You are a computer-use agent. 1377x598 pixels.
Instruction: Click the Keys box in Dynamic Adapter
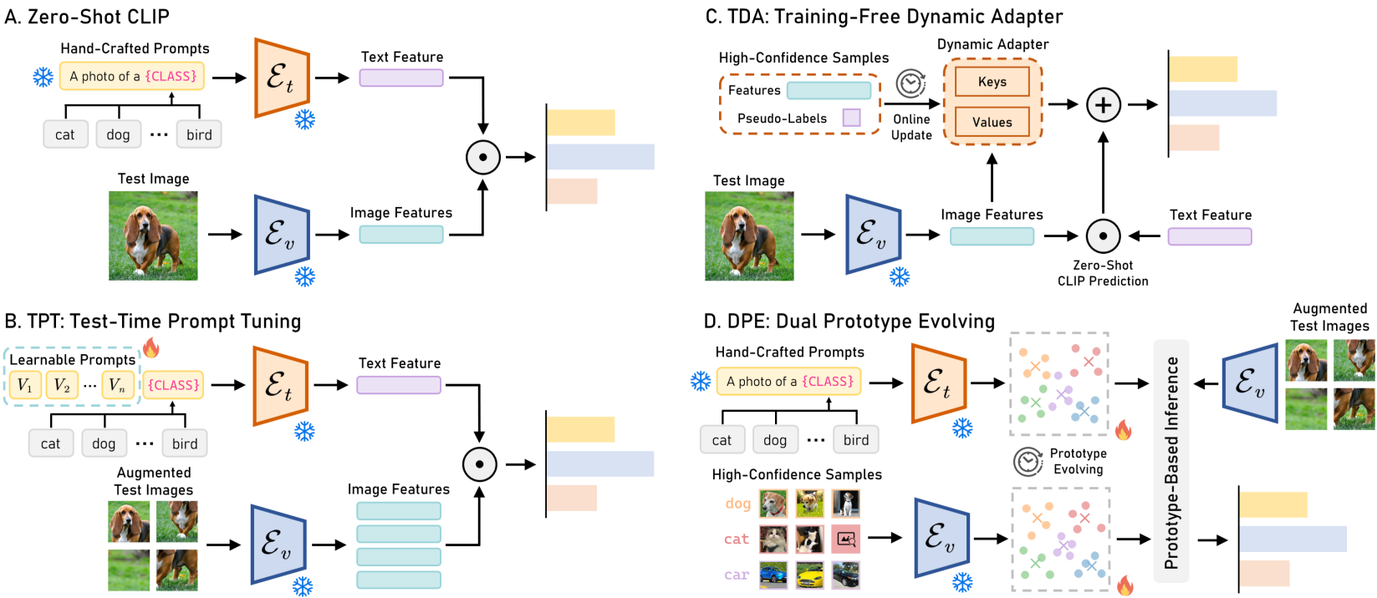[992, 82]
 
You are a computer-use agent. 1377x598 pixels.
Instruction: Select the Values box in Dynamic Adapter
[992, 122]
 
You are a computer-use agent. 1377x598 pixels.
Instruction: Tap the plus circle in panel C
[1103, 105]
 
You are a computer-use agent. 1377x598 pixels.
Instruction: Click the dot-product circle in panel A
[482, 157]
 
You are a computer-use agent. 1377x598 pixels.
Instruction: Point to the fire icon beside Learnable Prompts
[151, 347]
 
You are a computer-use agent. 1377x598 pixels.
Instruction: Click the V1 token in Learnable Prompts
[24, 385]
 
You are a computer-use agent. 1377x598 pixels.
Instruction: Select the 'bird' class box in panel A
[199, 134]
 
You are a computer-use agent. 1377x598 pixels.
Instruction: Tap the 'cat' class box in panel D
[722, 440]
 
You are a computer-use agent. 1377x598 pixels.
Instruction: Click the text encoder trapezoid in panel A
[283, 78]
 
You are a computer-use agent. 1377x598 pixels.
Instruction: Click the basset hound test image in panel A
[153, 236]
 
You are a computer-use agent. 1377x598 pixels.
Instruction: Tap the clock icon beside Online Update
[910, 84]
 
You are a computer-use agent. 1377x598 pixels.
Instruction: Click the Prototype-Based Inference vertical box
[1170, 461]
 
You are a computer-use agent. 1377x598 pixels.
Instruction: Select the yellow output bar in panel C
[1203, 69]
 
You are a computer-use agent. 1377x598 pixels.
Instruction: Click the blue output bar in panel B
[600, 464]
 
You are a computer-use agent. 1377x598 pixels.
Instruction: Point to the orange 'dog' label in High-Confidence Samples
[737, 504]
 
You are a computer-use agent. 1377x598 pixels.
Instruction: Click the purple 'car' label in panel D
[737, 575]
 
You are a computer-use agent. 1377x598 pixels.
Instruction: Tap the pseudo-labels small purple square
[851, 118]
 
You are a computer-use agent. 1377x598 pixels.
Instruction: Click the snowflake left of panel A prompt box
[43, 77]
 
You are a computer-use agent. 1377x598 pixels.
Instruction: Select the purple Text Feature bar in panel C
[1209, 236]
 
